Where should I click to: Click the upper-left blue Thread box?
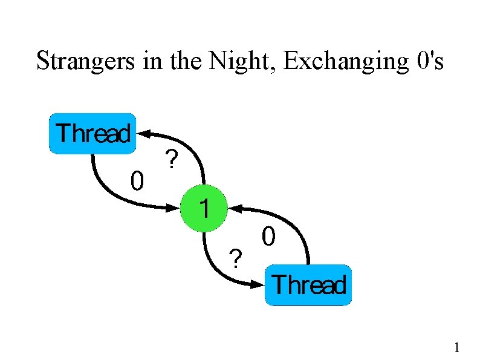[92, 133]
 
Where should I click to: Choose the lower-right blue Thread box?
[308, 284]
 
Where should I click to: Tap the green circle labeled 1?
[204, 209]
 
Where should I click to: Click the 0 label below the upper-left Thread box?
[137, 180]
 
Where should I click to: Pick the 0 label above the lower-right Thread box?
[268, 236]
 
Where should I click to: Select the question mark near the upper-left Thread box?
[172, 160]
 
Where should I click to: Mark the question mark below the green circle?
[236, 258]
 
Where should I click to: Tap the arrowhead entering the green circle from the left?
[174, 209]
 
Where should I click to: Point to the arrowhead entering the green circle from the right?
[235, 209]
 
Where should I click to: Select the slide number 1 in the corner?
[457, 347]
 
